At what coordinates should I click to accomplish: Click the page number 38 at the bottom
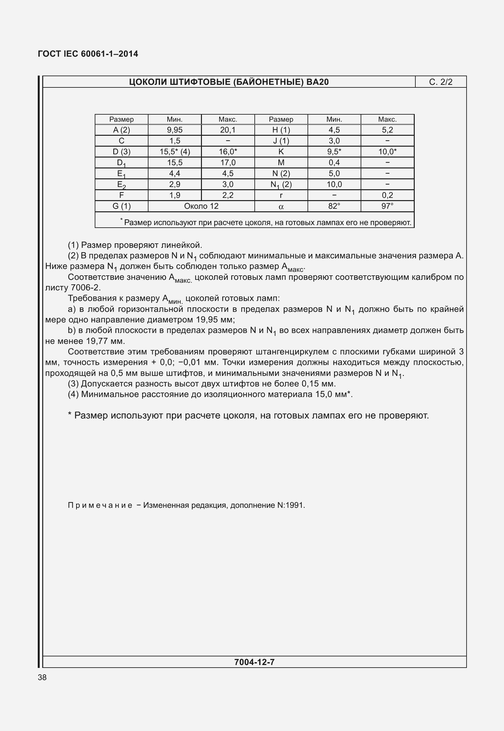pos(42,677)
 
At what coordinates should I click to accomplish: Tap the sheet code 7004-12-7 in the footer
pos(254,662)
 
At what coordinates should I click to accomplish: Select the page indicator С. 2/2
pos(441,82)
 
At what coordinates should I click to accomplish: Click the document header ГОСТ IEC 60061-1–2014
pos(88,54)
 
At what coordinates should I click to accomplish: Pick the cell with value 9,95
pos(175,130)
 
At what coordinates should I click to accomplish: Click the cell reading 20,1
pos(228,130)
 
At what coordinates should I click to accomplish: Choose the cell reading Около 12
pos(201,206)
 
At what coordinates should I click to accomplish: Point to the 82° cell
pos(334,206)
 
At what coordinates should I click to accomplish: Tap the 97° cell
pos(387,206)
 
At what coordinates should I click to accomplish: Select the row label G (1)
pos(122,206)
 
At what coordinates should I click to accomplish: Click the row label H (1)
pos(281,130)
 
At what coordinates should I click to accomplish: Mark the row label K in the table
pos(281,152)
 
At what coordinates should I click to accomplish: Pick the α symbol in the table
pos(281,207)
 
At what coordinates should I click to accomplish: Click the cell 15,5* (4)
pos(175,152)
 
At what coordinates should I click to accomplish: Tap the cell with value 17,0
pos(228,163)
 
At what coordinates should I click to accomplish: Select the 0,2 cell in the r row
pos(387,195)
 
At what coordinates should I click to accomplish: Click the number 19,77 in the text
pos(98,341)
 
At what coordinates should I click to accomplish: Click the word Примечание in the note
pos(100,505)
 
